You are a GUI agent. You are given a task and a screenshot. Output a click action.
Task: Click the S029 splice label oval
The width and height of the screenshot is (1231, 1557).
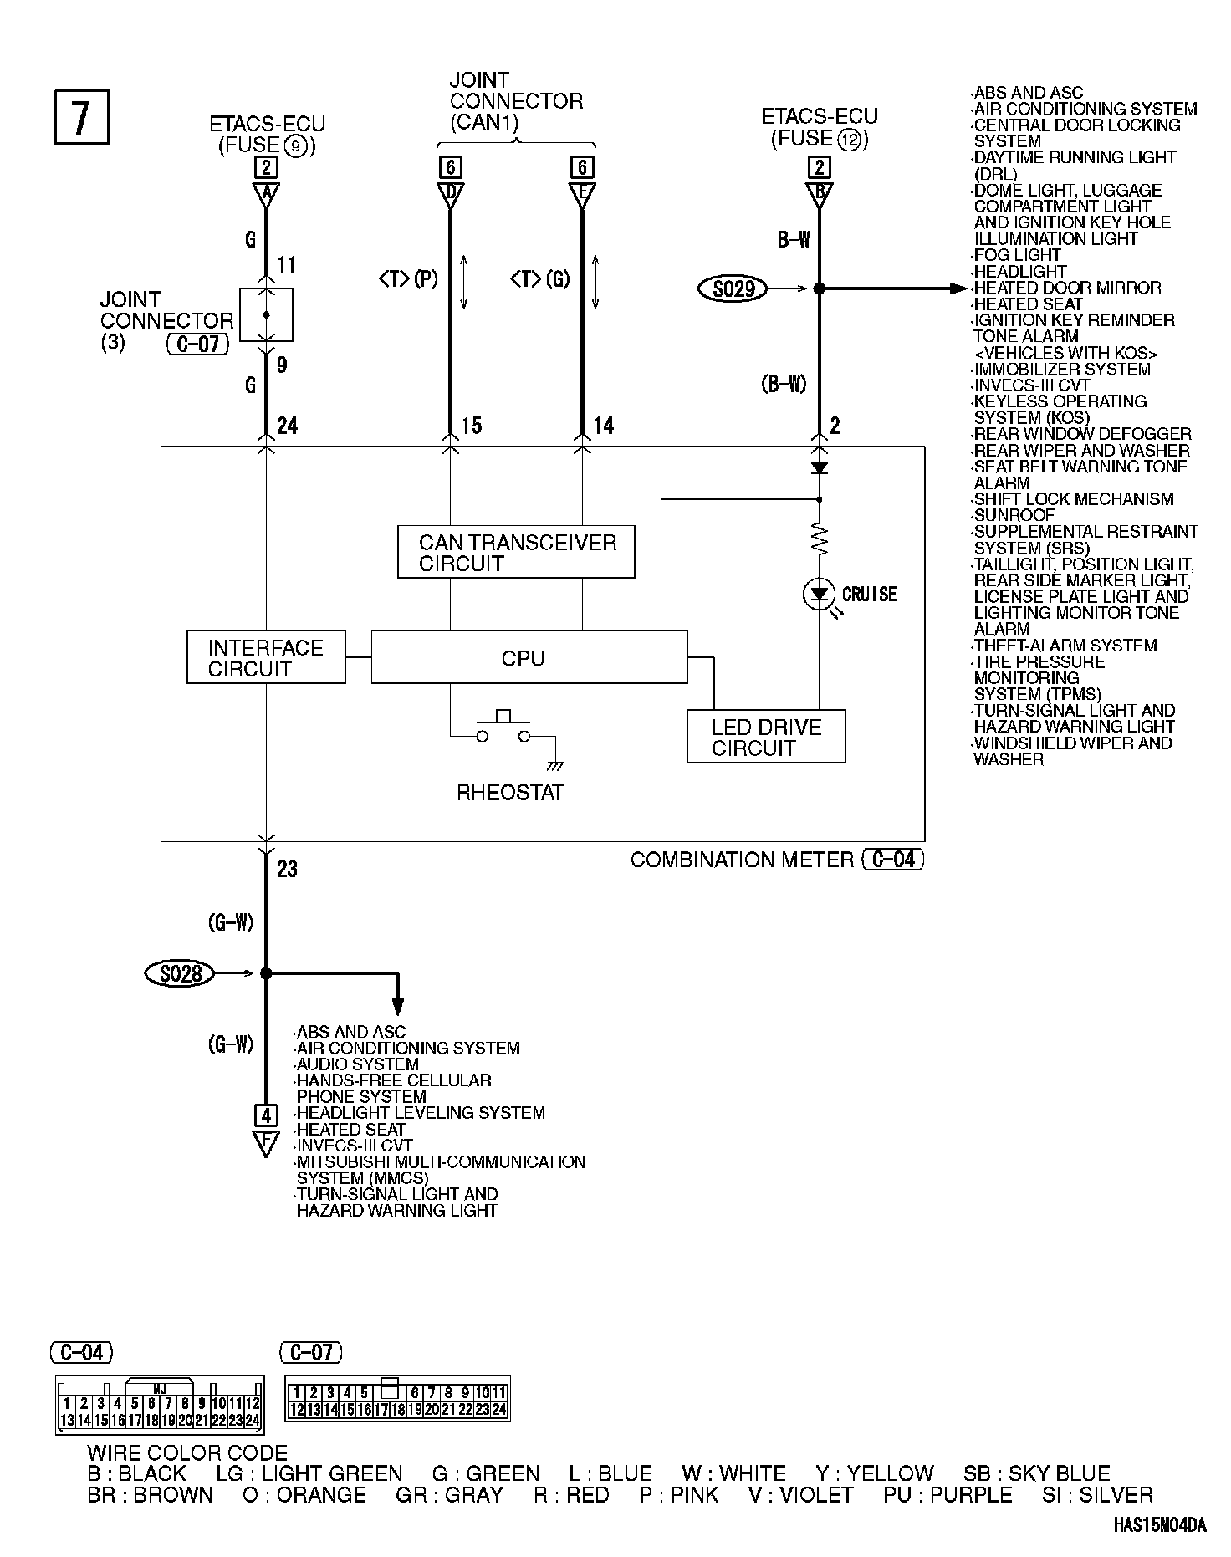(733, 288)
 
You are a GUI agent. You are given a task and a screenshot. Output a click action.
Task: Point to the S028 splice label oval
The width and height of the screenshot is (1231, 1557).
(179, 973)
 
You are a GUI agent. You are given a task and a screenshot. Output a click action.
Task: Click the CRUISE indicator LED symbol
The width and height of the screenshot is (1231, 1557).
(819, 595)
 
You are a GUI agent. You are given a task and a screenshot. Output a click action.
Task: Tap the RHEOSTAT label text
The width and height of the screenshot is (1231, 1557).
(510, 793)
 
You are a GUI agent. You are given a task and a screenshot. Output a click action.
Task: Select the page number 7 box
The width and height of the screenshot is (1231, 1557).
(81, 116)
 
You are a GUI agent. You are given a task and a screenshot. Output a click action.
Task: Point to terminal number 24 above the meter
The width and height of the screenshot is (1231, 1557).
(287, 426)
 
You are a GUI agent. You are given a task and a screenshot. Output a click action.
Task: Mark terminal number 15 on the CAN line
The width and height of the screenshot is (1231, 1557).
(472, 426)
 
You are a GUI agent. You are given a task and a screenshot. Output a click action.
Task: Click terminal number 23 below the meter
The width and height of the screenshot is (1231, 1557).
(287, 870)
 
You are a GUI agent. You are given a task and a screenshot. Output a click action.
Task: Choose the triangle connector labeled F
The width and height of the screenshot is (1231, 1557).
(266, 1142)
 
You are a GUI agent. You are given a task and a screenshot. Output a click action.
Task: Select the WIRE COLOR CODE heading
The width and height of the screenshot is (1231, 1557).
(187, 1452)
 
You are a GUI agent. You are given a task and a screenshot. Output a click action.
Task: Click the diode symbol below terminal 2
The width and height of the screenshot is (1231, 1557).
(819, 467)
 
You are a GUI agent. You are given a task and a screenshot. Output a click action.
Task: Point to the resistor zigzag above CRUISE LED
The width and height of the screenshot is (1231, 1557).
(819, 539)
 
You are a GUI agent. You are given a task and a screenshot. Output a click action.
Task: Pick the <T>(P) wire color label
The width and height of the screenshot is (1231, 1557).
(408, 278)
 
